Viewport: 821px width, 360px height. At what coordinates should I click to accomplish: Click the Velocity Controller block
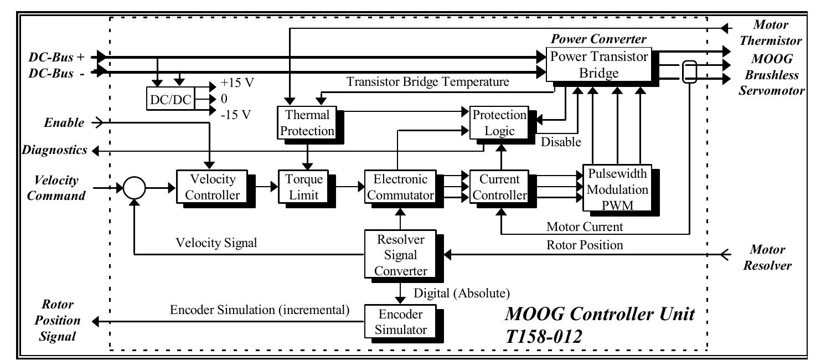pyautogui.click(x=209, y=187)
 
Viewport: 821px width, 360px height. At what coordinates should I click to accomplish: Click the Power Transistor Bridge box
pyautogui.click(x=598, y=64)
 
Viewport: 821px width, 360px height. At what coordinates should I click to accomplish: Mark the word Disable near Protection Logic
pyautogui.click(x=561, y=142)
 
